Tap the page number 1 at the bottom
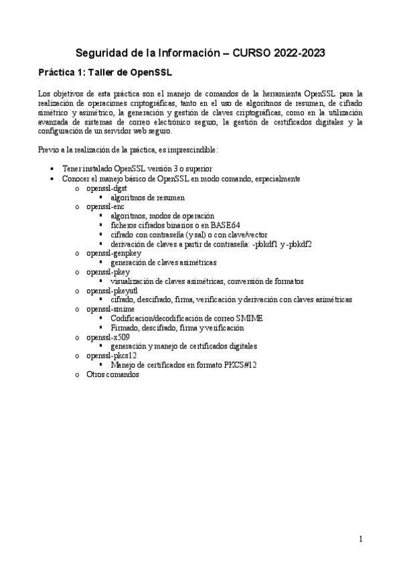360,539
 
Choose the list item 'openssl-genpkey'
111,253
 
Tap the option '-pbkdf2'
298,244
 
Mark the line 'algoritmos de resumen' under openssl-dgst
148,198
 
